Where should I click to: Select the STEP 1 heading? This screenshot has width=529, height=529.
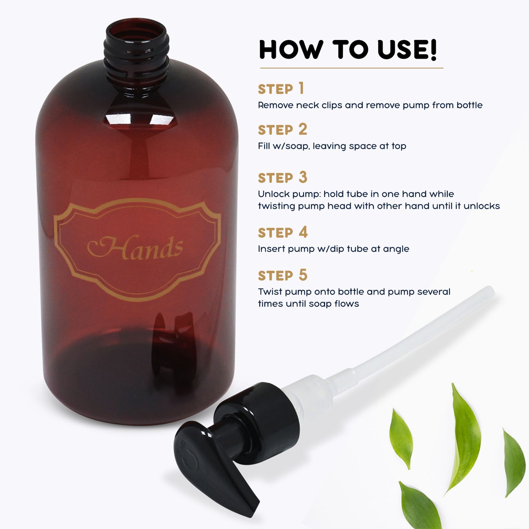point(281,89)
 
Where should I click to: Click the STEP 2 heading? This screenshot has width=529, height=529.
point(282,130)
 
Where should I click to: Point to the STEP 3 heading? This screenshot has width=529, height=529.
point(282,178)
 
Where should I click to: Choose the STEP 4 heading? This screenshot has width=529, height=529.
point(283,232)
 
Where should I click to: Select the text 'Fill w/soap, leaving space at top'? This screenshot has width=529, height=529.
point(332,146)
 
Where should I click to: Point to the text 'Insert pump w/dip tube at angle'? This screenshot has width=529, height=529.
point(334,249)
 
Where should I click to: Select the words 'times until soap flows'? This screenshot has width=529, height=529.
point(308,304)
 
